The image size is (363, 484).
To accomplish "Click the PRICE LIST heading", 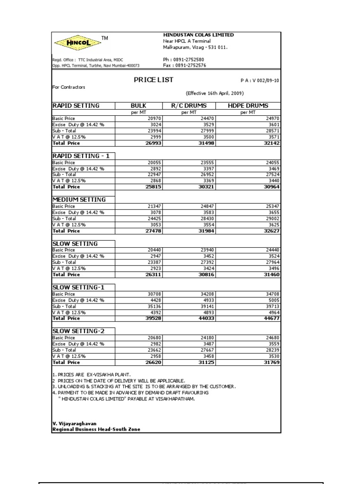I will tap(154, 80).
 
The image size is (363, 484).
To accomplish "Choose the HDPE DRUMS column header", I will tap(248, 106).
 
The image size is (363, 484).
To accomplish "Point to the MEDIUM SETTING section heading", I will tap(78, 199).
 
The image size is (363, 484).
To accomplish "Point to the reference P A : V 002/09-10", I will tap(257, 81).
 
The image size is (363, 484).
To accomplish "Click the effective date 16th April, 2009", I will tap(215, 94).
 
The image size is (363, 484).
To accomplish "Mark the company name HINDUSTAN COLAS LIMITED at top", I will tap(198, 35).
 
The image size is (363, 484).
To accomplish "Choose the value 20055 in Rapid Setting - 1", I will tap(154, 163).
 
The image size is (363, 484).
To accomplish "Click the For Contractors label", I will tap(69, 87).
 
